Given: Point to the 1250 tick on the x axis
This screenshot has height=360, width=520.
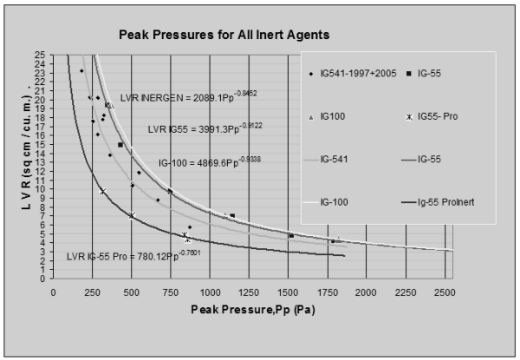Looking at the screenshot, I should click(x=249, y=291).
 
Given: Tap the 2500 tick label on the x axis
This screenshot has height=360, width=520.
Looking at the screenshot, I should click(x=444, y=291).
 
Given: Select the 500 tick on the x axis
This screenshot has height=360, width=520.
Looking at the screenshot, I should click(x=132, y=291).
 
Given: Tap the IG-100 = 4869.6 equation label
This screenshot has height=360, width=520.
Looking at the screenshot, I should click(x=204, y=161).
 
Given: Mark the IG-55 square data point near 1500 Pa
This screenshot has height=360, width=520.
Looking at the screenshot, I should click(x=291, y=235).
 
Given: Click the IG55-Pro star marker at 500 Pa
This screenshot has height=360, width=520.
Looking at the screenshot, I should click(x=132, y=215).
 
